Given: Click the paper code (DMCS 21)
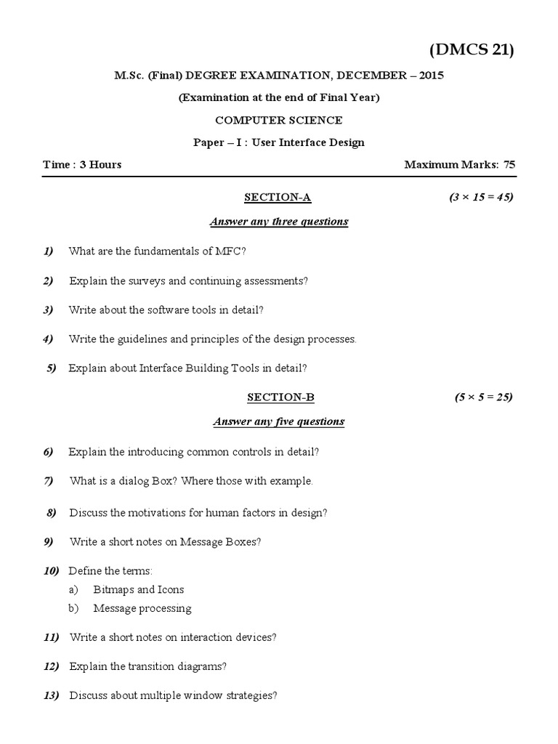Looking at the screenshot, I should click(472, 50).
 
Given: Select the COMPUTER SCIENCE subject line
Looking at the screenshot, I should click(279, 120).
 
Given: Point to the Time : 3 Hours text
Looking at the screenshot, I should click(82, 164).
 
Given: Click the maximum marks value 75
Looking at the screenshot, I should click(509, 164).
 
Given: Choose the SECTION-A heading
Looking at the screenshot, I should click(278, 197).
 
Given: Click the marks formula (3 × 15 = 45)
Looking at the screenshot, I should click(481, 197).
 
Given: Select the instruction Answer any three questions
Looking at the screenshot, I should click(279, 222).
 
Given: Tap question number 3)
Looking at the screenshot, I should click(49, 310).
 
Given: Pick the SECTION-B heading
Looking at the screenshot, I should click(280, 397).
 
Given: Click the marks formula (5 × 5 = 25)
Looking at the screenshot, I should click(484, 397).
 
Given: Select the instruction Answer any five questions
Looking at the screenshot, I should click(279, 421).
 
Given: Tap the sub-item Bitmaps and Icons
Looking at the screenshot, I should click(139, 589).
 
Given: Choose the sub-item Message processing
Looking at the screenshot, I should click(142, 608).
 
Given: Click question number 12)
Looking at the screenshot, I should click(51, 666).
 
